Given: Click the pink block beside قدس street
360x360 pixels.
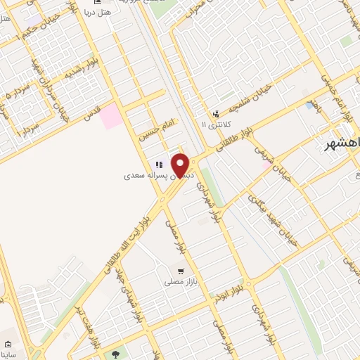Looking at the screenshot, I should point(110,115).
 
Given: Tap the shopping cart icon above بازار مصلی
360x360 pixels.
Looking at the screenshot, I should point(181,271).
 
